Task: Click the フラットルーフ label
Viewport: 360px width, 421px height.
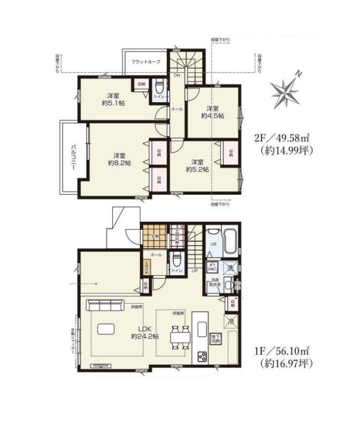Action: [146, 62]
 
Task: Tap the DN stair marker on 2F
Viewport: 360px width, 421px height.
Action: [176, 76]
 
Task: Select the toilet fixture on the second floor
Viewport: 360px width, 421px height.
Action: [159, 86]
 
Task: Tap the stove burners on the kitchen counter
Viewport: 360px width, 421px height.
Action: [201, 356]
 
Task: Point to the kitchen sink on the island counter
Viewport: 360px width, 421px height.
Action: [201, 327]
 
